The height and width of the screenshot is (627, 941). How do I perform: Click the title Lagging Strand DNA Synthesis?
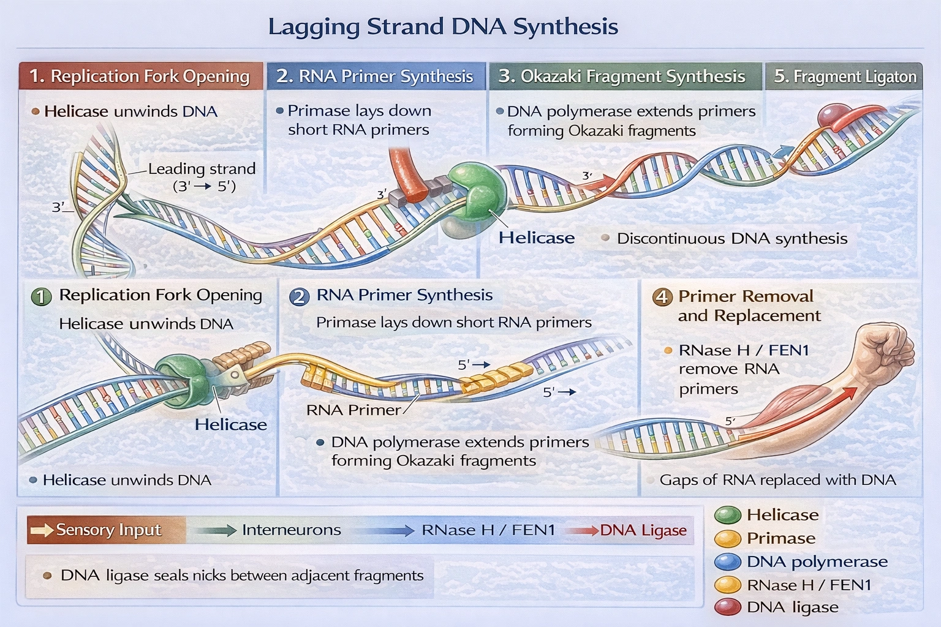point(443,27)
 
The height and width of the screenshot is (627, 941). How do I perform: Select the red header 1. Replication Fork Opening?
point(140,77)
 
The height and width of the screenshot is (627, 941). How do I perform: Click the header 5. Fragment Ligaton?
point(844,77)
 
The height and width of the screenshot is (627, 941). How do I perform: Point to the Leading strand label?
point(202,169)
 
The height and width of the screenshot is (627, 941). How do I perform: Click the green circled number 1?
point(41,297)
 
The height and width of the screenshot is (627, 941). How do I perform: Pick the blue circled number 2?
point(299,297)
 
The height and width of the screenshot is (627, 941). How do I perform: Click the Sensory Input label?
point(108,530)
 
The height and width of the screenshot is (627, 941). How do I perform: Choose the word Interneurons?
point(291,530)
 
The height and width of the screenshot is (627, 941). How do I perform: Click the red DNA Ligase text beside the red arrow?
point(643,530)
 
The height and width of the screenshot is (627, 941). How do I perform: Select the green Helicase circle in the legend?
point(728,515)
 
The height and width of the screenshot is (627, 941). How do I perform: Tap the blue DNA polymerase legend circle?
point(728,561)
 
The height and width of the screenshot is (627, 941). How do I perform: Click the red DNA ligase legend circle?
point(728,607)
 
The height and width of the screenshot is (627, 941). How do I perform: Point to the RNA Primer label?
point(353,410)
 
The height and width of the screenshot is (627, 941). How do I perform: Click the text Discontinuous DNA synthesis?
point(731,239)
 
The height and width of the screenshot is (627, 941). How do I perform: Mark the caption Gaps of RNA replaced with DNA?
point(777,480)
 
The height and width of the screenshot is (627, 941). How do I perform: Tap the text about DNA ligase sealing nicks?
point(241,576)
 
